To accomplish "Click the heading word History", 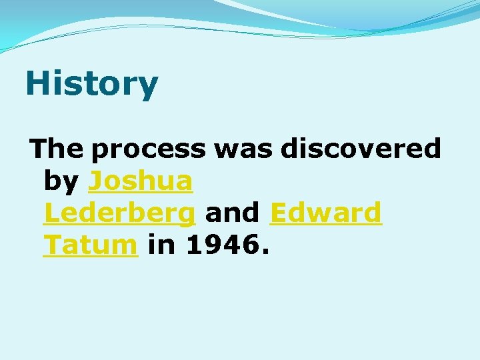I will click(92, 84).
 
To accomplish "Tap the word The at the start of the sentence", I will click(57, 149).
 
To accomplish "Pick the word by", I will click(61, 181).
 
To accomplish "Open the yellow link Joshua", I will click(141, 181).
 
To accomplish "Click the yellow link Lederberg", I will click(119, 213).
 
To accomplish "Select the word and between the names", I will click(233, 213).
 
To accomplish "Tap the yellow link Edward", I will click(326, 213).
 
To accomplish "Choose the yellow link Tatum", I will click(90, 245).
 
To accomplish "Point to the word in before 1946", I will click(161, 245).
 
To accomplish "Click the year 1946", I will click(223, 245).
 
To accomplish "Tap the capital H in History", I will click(37, 84).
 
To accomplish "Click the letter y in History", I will click(149, 87).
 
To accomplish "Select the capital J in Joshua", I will click(95, 181).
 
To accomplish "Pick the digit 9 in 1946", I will click(214, 245).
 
